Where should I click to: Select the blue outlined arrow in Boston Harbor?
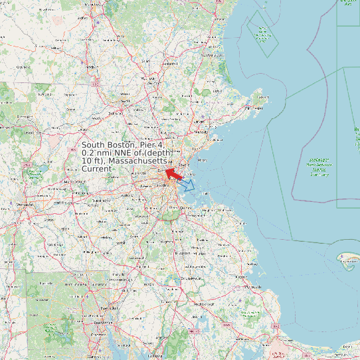coord(188,185)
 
